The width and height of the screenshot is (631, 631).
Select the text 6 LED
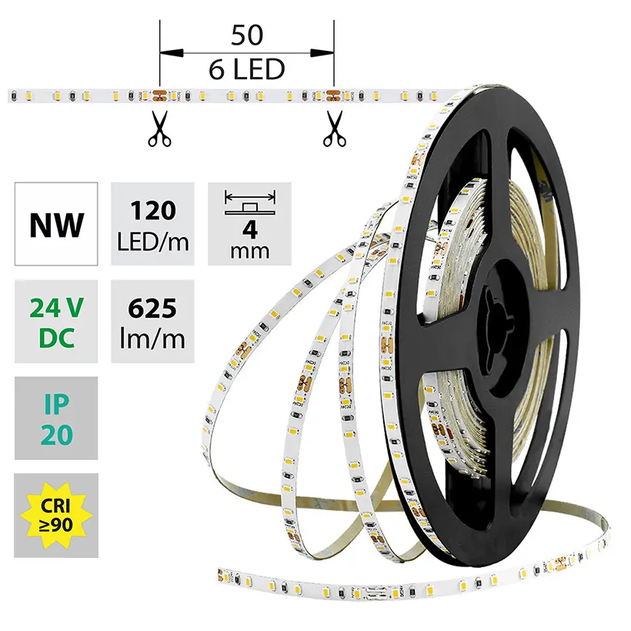246,70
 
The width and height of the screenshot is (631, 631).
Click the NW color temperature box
56,224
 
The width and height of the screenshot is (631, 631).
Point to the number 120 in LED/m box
152,211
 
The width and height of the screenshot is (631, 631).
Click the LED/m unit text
152,241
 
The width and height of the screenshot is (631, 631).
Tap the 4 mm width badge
249,224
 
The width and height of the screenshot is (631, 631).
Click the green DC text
56,337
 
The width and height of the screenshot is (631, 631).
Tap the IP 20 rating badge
56,419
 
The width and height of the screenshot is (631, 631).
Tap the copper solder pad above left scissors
159,95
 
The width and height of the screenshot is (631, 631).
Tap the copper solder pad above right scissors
334,95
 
